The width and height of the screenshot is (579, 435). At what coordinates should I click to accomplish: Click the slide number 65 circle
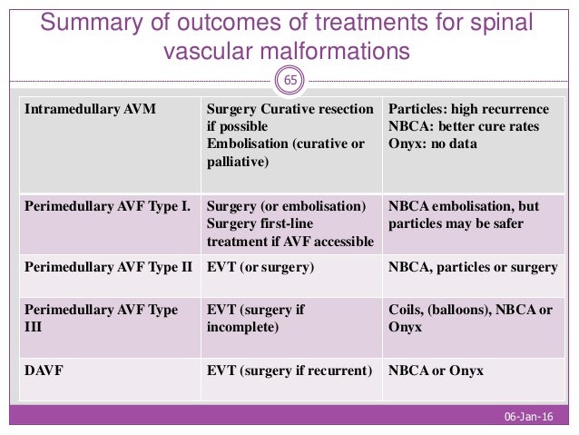(289, 81)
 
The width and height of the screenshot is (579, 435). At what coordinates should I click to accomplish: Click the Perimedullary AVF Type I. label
(106, 206)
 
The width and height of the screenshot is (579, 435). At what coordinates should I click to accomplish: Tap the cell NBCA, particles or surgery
(471, 268)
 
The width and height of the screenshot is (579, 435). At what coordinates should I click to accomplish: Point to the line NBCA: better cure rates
(464, 126)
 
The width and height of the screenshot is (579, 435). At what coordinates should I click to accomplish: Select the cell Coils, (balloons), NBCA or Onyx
(469, 318)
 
